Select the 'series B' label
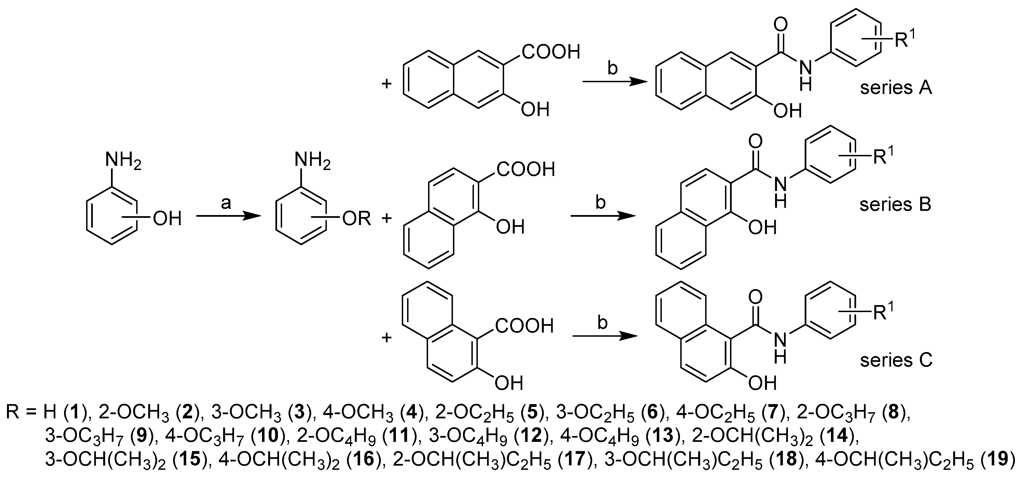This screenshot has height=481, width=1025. pos(895,204)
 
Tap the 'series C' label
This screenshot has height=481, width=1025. pos(896,360)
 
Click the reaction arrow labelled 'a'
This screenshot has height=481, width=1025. pos(228,216)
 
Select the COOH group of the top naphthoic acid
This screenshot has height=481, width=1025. pos(551,52)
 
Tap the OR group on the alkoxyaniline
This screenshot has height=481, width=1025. pos(356,218)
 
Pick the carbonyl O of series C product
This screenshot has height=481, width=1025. pos(755,296)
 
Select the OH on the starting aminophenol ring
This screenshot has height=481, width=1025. pos(167,218)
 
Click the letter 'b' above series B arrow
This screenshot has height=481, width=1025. pos(601,203)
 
